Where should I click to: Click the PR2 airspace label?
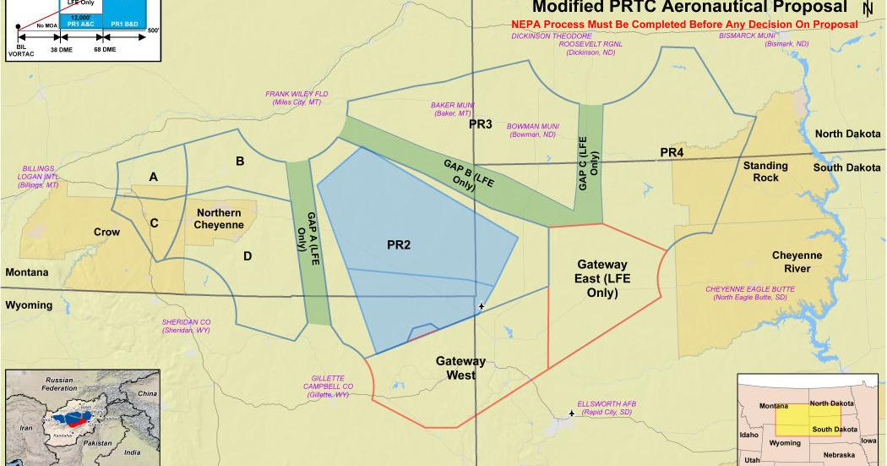point(399,245)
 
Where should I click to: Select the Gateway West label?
point(460,367)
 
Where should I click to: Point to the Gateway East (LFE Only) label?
point(603,278)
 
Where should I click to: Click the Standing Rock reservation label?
point(765,172)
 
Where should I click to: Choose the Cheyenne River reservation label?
point(797,261)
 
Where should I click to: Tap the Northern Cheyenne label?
point(219,219)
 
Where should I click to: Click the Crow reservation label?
point(106,232)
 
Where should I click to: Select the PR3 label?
point(481,124)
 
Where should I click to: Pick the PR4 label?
point(672,152)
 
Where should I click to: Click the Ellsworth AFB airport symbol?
point(573,414)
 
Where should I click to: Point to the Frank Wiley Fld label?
point(296,97)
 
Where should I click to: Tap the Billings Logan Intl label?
point(40,176)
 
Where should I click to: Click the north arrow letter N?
point(868,8)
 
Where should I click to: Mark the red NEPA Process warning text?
point(684,25)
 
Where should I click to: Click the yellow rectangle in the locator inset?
point(803,418)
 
